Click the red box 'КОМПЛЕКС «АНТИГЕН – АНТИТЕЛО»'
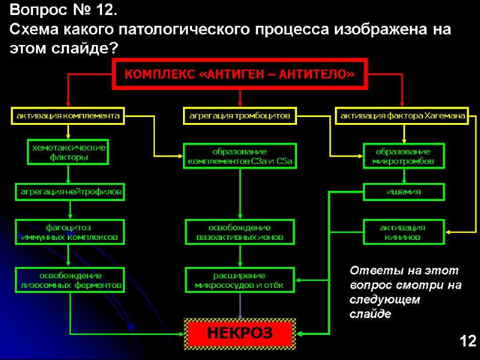point(239,74)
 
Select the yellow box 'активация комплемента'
point(68,115)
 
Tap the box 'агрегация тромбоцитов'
point(239,115)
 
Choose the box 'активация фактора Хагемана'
point(403,115)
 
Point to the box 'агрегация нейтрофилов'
point(69,192)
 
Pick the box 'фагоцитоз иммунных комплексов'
point(69,232)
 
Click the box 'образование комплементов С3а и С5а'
point(239,156)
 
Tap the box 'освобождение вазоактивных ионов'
point(239,232)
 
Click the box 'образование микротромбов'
point(404,156)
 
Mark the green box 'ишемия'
point(404,192)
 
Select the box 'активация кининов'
point(404,232)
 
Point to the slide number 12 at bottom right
point(467,342)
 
